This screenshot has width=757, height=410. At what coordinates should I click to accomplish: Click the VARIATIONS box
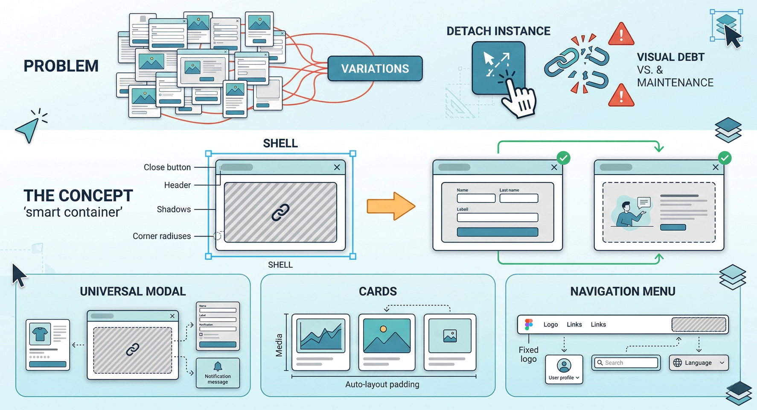pyautogui.click(x=375, y=68)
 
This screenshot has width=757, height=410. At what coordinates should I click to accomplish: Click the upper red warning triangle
pyautogui.click(x=621, y=34)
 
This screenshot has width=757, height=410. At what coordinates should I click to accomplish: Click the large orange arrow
pyautogui.click(x=390, y=206)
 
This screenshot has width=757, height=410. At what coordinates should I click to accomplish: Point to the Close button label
pyautogui.click(x=167, y=167)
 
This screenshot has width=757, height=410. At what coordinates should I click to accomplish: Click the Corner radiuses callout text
pyautogui.click(x=162, y=236)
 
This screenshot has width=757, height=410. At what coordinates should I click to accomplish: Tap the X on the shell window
pyautogui.click(x=337, y=167)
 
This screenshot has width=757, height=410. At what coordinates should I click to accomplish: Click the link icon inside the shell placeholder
pyautogui.click(x=280, y=212)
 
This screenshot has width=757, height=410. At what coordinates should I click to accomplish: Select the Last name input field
pyautogui.click(x=518, y=198)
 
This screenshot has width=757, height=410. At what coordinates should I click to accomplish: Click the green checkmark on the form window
pyautogui.click(x=563, y=158)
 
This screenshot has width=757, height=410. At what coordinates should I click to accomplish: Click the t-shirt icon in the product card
pyautogui.click(x=40, y=334)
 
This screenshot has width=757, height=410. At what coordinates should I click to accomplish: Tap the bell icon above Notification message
pyautogui.click(x=218, y=366)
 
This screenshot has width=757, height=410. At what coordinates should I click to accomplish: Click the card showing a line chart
pyautogui.click(x=321, y=342)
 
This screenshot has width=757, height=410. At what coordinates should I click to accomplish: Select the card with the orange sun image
pyautogui.click(x=387, y=342)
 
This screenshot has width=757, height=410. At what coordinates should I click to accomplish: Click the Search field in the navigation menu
pyautogui.click(x=626, y=363)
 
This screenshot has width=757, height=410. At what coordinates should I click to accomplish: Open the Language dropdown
pyautogui.click(x=699, y=363)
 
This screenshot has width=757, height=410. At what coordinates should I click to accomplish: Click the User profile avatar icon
pyautogui.click(x=564, y=366)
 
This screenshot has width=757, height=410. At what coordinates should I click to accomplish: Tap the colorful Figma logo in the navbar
pyautogui.click(x=529, y=325)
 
